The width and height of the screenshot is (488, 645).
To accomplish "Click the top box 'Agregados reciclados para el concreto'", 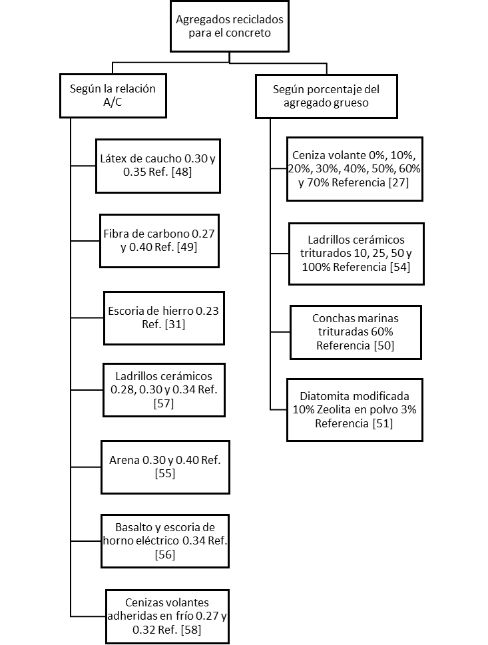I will click(229, 26).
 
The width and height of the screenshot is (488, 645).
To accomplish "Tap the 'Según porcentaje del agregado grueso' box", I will click(326, 97).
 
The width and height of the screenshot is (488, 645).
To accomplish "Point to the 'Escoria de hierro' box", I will click(163, 318).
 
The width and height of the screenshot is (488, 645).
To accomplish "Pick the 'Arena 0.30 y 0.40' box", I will click(164, 467).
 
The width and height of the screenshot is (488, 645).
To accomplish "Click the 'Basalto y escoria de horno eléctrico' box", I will click(164, 540).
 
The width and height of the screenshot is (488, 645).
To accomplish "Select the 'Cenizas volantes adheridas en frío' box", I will click(167, 616).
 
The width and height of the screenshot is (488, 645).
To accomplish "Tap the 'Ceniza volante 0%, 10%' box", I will click(354, 169).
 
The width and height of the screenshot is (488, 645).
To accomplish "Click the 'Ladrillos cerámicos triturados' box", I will click(356, 253).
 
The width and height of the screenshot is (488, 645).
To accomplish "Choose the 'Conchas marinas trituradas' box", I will click(356, 331).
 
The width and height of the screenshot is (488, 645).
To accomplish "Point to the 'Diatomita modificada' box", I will click(354, 410).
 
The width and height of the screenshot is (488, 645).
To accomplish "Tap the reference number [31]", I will click(174, 324).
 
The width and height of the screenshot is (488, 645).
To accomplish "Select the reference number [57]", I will click(164, 403).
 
